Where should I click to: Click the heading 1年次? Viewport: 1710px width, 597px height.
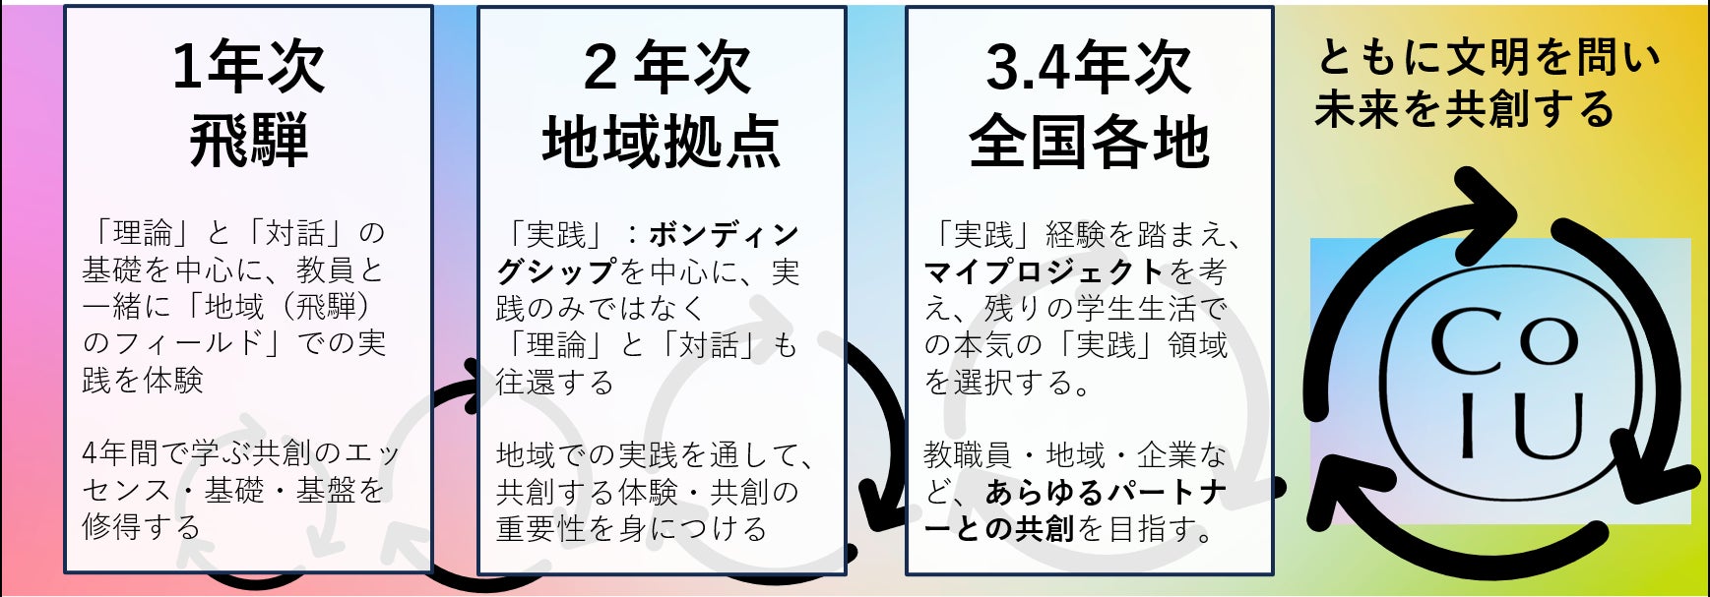pyautogui.click(x=248, y=67)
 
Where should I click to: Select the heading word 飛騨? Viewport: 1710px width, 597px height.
pyautogui.click(x=248, y=141)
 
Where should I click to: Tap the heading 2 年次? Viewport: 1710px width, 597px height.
pyautogui.click(x=666, y=67)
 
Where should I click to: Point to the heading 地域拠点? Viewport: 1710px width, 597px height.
pyautogui.click(x=662, y=141)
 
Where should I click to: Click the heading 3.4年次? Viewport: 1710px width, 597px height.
pyautogui.click(x=1089, y=67)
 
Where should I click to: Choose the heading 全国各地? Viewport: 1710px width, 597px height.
pyautogui.click(x=1089, y=141)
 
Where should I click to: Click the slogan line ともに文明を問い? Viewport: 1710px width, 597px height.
pyautogui.click(x=1488, y=58)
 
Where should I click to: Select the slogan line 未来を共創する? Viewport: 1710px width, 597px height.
pyautogui.click(x=1465, y=109)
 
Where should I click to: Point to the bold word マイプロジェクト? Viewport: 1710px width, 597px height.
pyautogui.click(x=1045, y=270)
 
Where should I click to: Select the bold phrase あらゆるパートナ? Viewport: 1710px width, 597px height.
pyautogui.click(x=1107, y=491)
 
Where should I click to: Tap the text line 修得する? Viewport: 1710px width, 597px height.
pyautogui.click(x=142, y=526)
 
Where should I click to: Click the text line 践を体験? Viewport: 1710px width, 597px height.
pyautogui.click(x=143, y=380)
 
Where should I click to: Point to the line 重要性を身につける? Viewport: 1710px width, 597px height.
pyautogui.click(x=631, y=528)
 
